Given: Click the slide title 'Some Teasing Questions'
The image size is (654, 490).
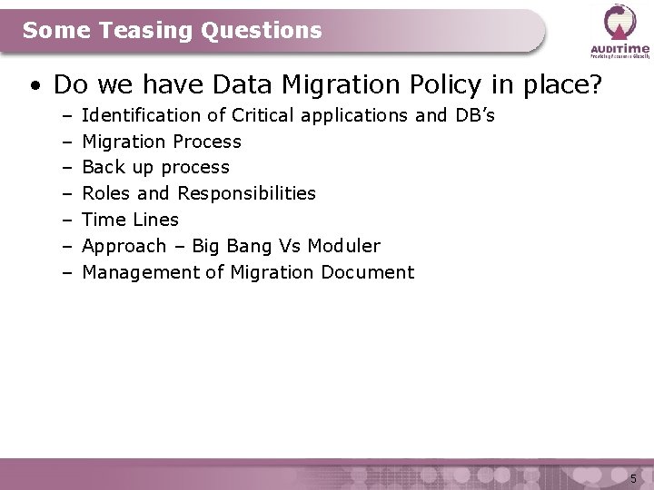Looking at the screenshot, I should pos(173,31).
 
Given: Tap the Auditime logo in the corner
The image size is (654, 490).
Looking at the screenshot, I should pos(620,30).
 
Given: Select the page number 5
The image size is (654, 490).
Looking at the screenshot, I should pos(633,478).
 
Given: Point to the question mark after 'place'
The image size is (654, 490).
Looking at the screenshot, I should pos(595,84).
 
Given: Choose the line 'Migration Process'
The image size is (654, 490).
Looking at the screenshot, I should pos(162,142).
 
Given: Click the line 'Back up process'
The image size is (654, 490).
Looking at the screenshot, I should pos(155,167).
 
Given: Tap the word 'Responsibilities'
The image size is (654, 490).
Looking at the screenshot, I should pos(246,193).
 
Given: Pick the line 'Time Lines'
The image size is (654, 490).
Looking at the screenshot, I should pos(130,220).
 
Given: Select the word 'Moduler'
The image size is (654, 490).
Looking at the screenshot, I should pos(344,246).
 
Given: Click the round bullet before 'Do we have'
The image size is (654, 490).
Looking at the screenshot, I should pos(35,86).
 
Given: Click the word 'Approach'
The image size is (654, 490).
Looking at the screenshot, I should pos(124,246).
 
